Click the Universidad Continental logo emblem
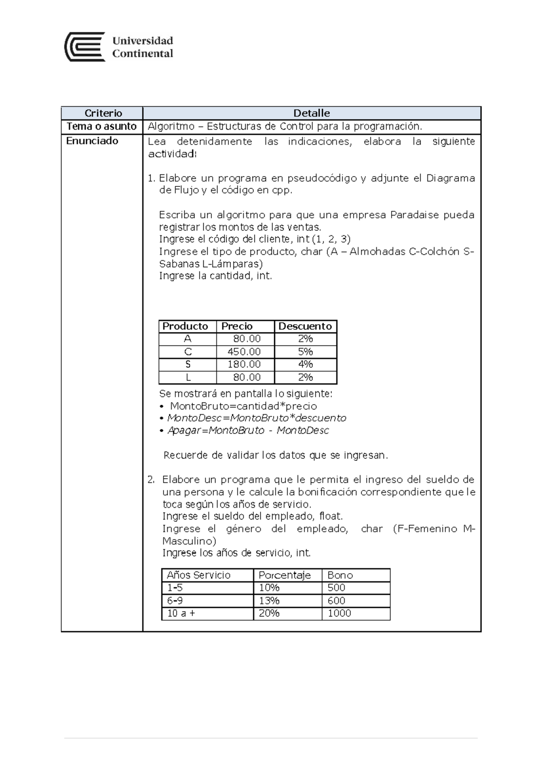click(x=85, y=47)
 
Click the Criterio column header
click(x=103, y=113)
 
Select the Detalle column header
click(x=312, y=113)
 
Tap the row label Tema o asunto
click(x=102, y=126)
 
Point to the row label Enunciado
click(x=92, y=141)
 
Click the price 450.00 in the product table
click(x=244, y=351)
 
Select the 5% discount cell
click(x=305, y=351)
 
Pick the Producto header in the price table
click(x=185, y=326)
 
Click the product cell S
click(x=188, y=364)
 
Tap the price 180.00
click(x=244, y=364)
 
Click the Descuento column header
click(x=305, y=326)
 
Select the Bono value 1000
click(x=339, y=613)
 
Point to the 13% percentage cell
click(x=269, y=600)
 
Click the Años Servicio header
click(x=199, y=575)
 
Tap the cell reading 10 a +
click(x=181, y=613)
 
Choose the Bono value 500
click(x=336, y=588)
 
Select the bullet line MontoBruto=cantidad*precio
click(x=243, y=406)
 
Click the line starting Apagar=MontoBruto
click(x=248, y=430)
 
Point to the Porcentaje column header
click(x=285, y=575)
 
